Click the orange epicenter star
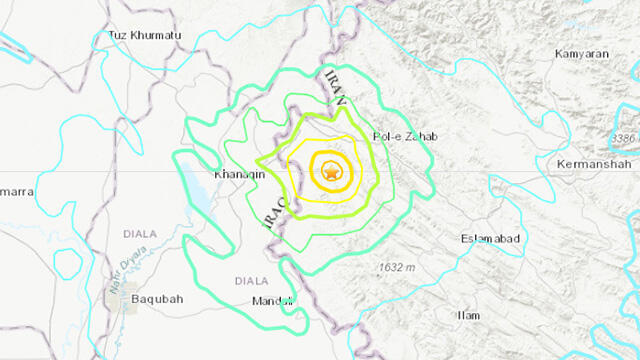point(329,173)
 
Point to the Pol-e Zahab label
point(405,136)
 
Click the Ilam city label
point(467,315)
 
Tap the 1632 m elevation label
point(402,267)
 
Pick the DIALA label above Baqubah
point(140,234)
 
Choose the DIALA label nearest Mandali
point(251,281)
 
